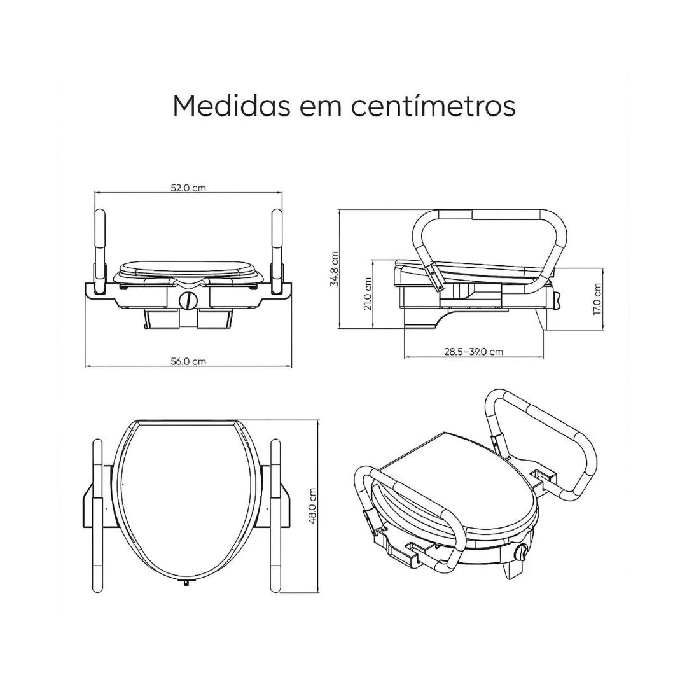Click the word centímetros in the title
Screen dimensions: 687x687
pos(433,106)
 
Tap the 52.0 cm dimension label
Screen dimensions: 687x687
pos(188,188)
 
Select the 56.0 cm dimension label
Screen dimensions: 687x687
pos(188,361)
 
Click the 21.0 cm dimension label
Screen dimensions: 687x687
pos(367,293)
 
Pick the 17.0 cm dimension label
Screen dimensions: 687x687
pos(596,298)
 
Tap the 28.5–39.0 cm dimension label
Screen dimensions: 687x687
pos(473,352)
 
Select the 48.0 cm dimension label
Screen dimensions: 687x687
pos(312,506)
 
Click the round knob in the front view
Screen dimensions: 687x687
pos(188,300)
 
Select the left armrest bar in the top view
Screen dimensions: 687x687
pos(97,515)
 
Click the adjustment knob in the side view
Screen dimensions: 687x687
pos(558,299)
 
